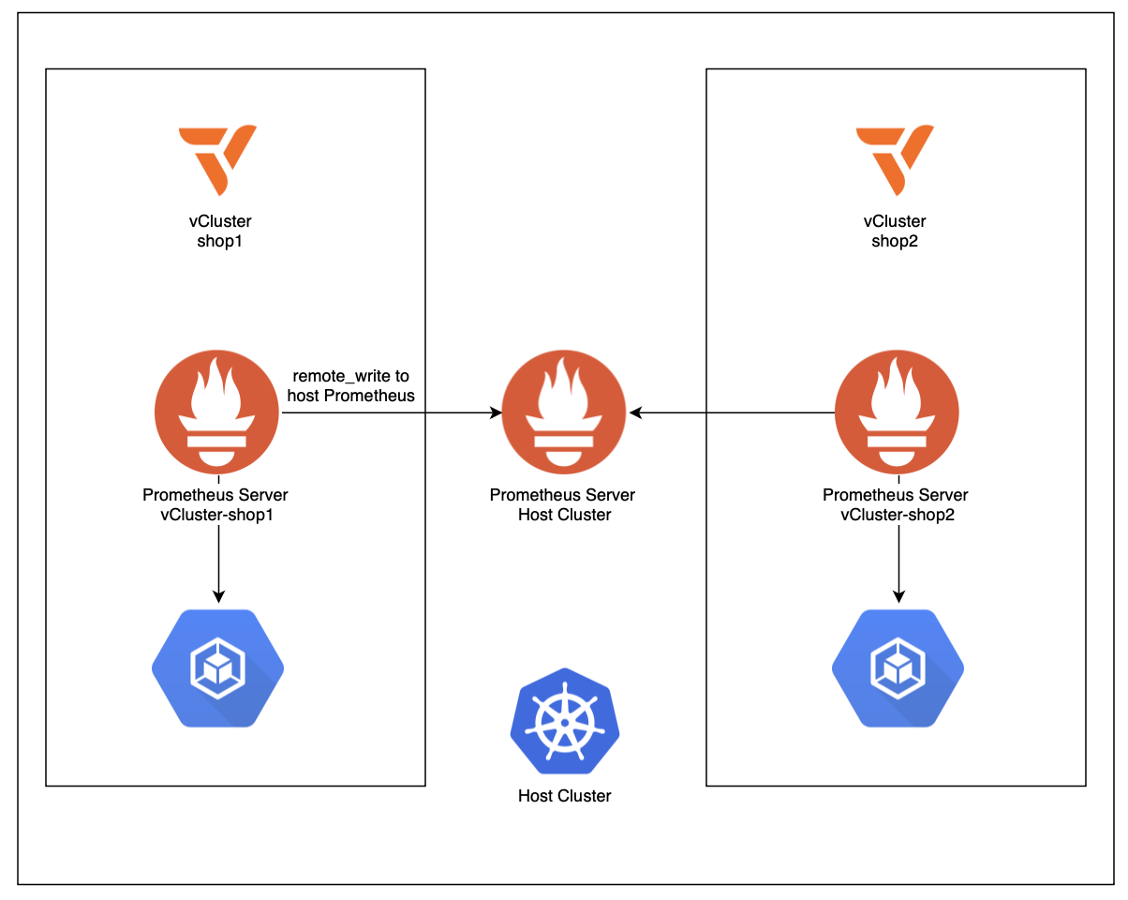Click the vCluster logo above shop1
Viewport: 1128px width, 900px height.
[x=217, y=159]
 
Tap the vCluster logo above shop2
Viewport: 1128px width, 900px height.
[x=896, y=159]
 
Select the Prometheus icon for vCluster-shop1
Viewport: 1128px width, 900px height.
[x=218, y=412]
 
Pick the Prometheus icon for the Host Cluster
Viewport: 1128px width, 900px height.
[x=564, y=412]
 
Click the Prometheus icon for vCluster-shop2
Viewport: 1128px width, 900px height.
[x=897, y=412]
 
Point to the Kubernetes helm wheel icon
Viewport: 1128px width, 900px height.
[x=564, y=721]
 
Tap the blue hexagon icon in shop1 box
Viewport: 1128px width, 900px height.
[x=218, y=667]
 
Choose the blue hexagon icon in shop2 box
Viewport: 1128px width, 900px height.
[x=898, y=667]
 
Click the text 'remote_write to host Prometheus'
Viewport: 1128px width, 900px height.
[x=350, y=385]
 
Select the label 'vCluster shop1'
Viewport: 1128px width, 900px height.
[x=220, y=232]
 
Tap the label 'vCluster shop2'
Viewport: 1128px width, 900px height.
[x=895, y=232]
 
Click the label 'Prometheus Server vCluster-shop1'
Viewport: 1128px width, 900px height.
[x=215, y=504]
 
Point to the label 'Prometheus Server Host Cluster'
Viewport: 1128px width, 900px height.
[x=563, y=504]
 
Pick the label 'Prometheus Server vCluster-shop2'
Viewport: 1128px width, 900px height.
[x=896, y=504]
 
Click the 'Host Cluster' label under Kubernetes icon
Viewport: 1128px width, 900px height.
[x=564, y=796]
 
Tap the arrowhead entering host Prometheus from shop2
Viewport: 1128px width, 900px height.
[x=635, y=412]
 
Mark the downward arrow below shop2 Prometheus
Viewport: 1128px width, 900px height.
[x=898, y=562]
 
